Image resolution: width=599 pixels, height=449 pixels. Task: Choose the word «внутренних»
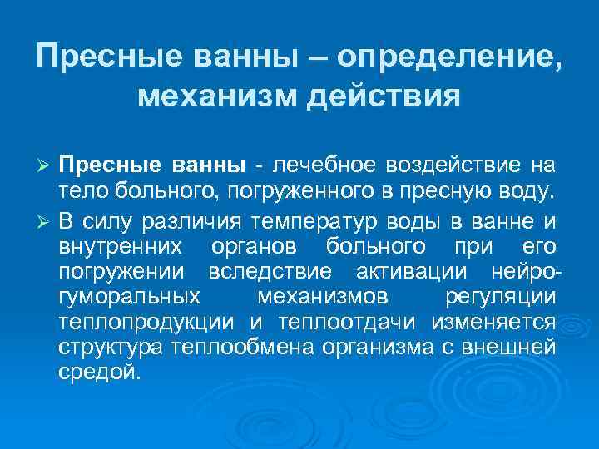[117, 248]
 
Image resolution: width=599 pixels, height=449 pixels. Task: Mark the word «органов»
[263, 248]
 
